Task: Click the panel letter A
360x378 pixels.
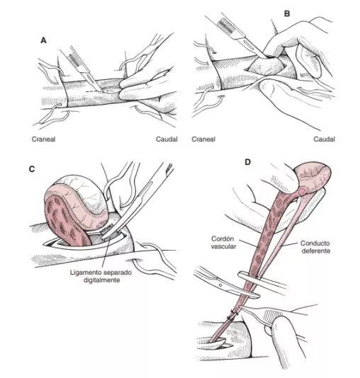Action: (43, 40)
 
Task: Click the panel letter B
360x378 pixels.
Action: (287, 13)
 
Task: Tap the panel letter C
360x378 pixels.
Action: (32, 169)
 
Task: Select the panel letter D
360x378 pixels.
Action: (248, 162)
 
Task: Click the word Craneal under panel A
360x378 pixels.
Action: (43, 139)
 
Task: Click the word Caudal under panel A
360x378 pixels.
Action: (167, 139)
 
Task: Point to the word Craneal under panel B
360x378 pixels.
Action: (203, 139)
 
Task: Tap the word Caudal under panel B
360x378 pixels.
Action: (324, 139)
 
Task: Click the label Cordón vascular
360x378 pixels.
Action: (223, 243)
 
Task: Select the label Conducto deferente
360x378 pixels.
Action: (315, 247)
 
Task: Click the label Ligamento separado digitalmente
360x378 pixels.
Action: (101, 276)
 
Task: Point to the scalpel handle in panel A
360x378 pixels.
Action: (79, 64)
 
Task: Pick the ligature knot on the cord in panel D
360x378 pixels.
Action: (233, 315)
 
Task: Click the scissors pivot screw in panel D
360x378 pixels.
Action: (220, 285)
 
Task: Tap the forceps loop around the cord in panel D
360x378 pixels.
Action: (249, 285)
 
